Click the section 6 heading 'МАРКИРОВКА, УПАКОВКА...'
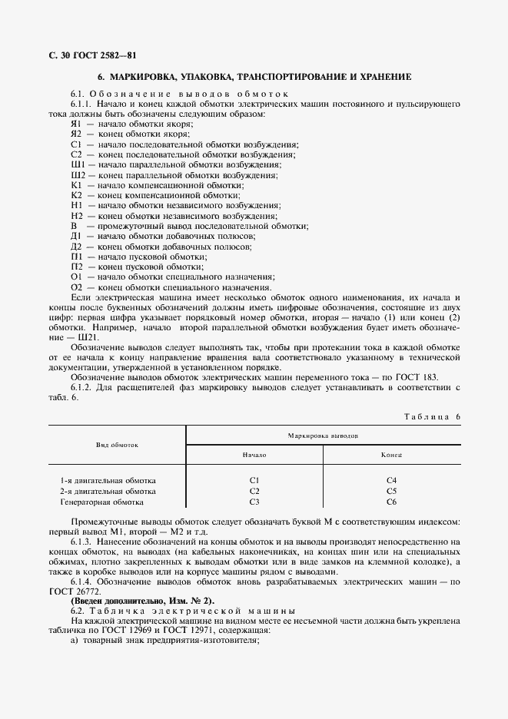254,78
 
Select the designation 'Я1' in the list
76,124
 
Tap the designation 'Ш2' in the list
78,175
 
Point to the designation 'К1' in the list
76,185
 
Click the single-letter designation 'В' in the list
75,226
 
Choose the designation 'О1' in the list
77,277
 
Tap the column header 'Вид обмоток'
117,445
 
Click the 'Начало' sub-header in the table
254,455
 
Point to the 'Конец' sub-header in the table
391,455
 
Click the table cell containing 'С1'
254,480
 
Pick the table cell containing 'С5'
391,491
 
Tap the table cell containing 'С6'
391,502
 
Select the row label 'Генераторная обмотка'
101,502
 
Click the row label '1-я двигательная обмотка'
108,480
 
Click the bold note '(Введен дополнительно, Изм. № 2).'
143,600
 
